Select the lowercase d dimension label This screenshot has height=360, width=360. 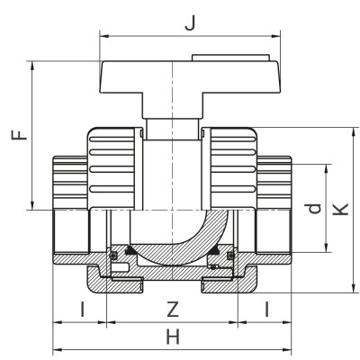tap(312, 209)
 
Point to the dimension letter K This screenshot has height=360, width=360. tap(339, 209)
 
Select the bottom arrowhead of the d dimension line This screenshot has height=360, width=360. tap(325, 251)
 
